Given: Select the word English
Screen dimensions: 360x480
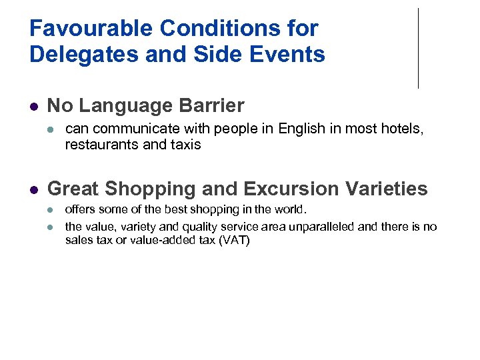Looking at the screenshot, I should click(x=301, y=129).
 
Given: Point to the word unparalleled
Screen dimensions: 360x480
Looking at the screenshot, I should click(x=319, y=227).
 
